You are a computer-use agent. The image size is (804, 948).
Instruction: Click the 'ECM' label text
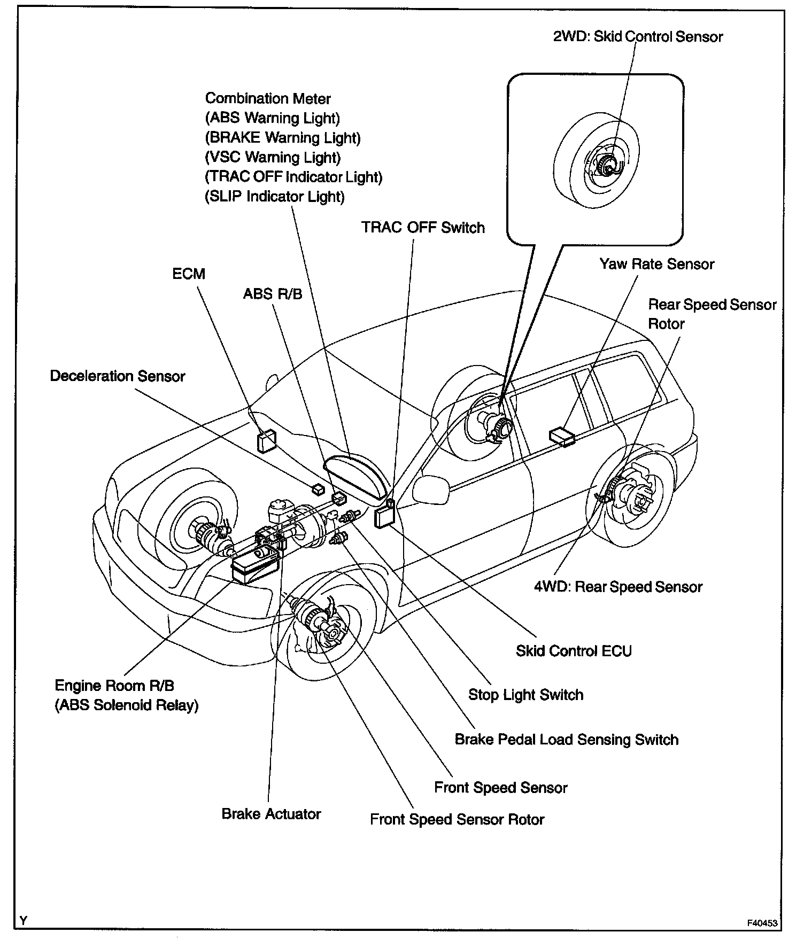(x=189, y=274)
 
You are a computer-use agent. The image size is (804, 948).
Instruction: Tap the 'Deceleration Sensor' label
(x=117, y=376)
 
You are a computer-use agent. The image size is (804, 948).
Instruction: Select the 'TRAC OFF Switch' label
(x=423, y=228)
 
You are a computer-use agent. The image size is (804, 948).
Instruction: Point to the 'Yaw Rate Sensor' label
(x=656, y=264)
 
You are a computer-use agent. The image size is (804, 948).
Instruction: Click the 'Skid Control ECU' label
(x=574, y=651)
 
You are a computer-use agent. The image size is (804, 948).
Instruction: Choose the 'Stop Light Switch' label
(x=525, y=695)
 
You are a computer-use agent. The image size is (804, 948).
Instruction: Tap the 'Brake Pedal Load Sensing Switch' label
(x=566, y=740)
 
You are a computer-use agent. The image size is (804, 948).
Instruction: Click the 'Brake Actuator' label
(x=271, y=814)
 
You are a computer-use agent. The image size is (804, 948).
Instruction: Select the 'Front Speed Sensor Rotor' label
(x=457, y=820)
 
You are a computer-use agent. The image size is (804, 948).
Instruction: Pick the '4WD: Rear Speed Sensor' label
(x=618, y=587)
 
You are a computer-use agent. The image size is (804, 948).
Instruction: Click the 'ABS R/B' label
(x=273, y=294)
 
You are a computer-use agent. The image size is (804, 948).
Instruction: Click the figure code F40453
(x=763, y=923)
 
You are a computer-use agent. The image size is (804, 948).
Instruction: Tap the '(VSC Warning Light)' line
(x=273, y=158)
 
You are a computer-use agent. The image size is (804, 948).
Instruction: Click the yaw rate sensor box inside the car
(x=561, y=436)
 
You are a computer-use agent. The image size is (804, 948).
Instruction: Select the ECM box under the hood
(x=267, y=441)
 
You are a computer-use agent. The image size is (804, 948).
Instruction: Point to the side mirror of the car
(x=430, y=489)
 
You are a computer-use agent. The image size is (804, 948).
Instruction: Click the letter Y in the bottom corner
(x=24, y=920)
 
